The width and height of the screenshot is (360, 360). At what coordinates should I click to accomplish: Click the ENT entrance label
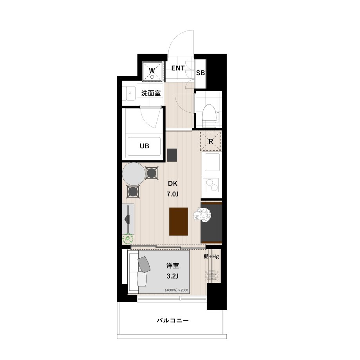(x=178, y=68)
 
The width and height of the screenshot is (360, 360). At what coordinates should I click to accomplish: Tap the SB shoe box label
(x=201, y=73)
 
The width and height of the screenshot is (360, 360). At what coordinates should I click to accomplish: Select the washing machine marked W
(x=152, y=71)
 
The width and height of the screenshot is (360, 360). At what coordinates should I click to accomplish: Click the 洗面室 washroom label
(x=151, y=93)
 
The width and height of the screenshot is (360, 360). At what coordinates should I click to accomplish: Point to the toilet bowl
(x=210, y=116)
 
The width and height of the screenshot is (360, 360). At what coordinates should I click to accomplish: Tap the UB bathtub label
(x=145, y=146)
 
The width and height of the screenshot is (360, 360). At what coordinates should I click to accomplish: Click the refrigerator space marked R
(x=211, y=141)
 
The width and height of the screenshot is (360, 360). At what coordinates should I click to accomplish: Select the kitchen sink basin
(x=212, y=162)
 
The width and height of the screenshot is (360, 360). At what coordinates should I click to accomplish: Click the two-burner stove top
(x=212, y=185)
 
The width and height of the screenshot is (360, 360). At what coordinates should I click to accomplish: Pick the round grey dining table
(x=134, y=174)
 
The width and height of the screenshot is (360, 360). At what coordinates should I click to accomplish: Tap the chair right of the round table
(x=152, y=173)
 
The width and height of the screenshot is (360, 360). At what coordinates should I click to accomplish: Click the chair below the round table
(x=133, y=192)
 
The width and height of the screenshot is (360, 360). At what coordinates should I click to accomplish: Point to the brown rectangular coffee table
(x=179, y=221)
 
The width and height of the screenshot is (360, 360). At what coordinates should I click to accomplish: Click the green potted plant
(x=128, y=239)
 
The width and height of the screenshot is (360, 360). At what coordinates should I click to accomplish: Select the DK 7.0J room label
(x=173, y=189)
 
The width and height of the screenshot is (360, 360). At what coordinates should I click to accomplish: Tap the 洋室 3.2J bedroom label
(x=173, y=271)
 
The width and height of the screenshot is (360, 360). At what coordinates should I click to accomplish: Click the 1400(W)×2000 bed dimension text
(x=176, y=290)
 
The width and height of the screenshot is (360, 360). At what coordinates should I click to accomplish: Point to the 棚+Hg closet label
(x=211, y=256)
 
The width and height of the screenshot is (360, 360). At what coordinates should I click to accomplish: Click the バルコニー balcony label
(x=173, y=320)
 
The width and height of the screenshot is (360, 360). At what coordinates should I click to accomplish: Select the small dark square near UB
(x=172, y=155)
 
